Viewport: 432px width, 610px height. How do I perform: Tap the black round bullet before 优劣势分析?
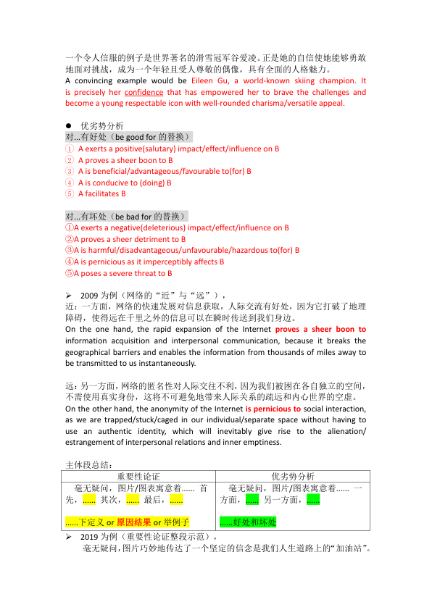(69, 125)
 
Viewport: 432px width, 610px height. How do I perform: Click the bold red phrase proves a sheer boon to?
(320, 329)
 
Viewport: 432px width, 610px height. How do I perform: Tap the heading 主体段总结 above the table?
(89, 464)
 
